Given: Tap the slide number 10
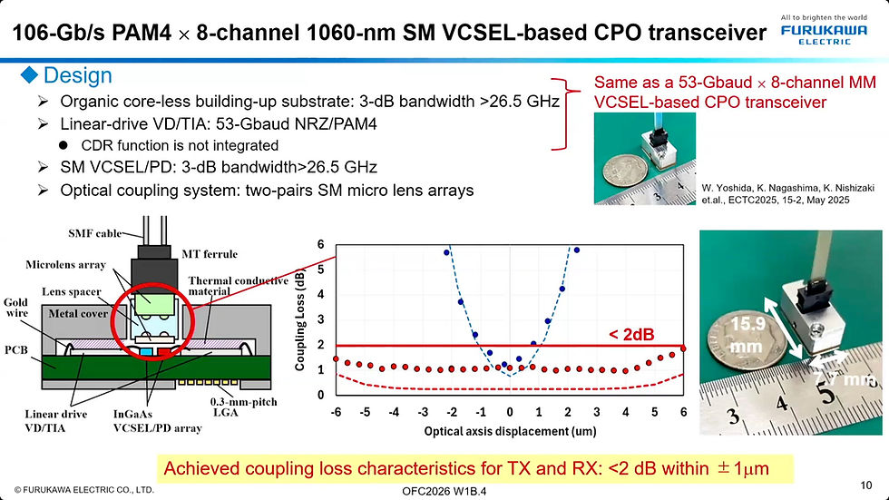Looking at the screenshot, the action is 865,485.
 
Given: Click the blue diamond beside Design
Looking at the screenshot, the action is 29,74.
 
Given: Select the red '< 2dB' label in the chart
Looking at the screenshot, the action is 631,335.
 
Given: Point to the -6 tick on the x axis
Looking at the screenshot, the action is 336,412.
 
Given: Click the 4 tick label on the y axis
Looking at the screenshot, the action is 320,294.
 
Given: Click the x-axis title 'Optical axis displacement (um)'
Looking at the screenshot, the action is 510,431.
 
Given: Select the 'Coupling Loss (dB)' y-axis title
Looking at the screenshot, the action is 300,319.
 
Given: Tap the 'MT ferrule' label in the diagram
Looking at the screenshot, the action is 210,254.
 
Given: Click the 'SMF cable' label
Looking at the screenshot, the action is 94,233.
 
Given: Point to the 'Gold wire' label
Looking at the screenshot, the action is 15,308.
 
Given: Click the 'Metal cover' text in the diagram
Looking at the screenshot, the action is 78,313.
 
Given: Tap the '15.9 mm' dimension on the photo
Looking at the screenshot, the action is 747,335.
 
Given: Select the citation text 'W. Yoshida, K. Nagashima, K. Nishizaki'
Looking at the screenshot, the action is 788,188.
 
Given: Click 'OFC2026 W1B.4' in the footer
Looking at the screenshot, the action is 444,491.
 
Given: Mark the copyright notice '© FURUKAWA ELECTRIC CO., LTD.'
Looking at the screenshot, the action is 83,489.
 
